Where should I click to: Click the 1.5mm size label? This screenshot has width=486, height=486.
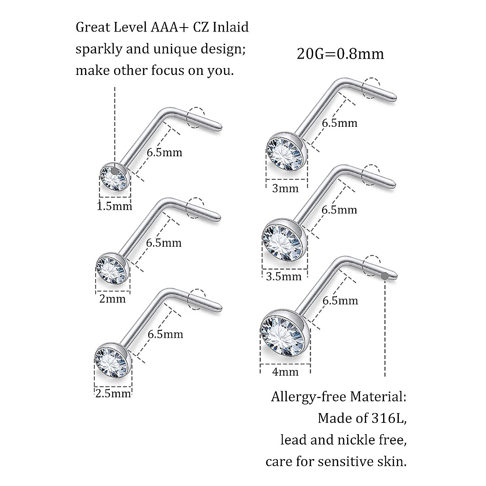[115, 206]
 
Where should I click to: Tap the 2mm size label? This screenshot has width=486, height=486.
[113, 299]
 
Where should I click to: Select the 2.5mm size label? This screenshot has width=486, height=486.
[113, 393]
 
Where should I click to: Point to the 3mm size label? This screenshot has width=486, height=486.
[286, 188]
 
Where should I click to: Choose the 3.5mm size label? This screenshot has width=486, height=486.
[284, 277]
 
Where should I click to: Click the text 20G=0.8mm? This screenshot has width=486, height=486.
[340, 54]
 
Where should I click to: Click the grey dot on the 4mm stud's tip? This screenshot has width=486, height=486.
[384, 276]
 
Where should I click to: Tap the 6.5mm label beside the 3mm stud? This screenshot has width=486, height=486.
[339, 122]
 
